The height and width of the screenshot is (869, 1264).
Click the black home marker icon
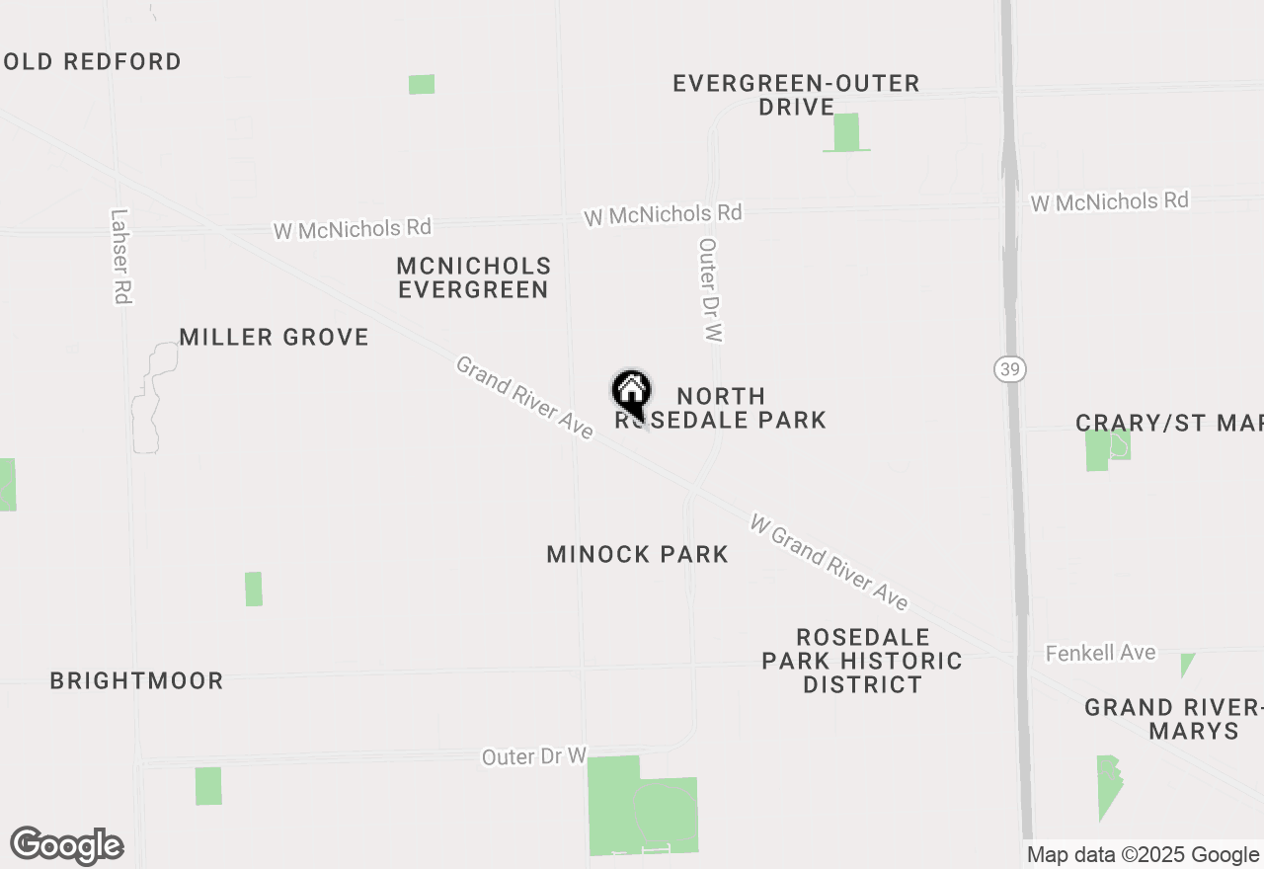[x=632, y=393]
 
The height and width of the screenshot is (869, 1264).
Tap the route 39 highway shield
[x=1010, y=368]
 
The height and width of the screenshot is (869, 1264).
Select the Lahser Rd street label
[x=121, y=256]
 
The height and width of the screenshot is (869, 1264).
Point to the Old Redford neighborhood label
[x=92, y=61]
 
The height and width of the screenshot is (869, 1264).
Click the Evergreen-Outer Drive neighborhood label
[x=796, y=95]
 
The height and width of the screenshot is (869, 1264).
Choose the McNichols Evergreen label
[x=473, y=277]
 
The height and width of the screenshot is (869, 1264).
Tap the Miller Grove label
[x=274, y=337]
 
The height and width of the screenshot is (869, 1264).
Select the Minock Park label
[x=638, y=554]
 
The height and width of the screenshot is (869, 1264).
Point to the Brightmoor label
[x=136, y=680]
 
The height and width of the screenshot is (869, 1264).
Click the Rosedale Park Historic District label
[x=862, y=660]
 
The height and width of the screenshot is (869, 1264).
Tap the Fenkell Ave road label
[x=1100, y=653]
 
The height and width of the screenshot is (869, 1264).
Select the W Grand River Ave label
[x=829, y=561]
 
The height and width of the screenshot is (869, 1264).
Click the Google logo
[x=66, y=846]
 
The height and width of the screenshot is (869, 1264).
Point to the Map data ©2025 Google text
[x=1143, y=855]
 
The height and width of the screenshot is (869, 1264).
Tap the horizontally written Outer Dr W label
[x=534, y=756]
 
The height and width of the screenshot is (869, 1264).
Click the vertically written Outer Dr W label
[x=709, y=289]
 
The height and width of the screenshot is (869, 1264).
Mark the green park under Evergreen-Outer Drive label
[x=846, y=132]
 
